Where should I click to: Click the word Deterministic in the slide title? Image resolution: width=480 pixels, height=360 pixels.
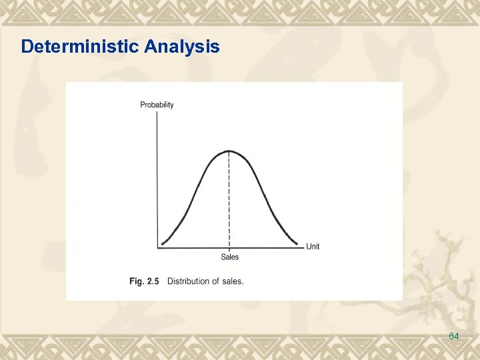click(x=80, y=47)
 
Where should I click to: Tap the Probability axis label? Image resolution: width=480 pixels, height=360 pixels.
click(x=157, y=105)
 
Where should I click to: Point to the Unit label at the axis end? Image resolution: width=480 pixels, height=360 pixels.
click(x=313, y=247)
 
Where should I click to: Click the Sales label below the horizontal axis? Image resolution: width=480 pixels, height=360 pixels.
click(x=229, y=257)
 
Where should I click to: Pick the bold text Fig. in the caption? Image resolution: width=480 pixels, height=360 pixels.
click(x=136, y=281)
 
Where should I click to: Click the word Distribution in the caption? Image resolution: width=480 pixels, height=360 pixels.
click(x=187, y=281)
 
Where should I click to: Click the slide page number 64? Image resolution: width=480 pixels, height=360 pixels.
click(x=454, y=337)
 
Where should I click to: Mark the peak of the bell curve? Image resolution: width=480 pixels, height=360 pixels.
click(x=229, y=151)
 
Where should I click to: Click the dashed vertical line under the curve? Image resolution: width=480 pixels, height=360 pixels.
click(x=229, y=200)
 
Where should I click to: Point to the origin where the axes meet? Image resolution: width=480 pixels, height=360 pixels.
click(x=158, y=248)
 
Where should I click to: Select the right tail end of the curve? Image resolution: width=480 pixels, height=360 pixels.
click(x=299, y=244)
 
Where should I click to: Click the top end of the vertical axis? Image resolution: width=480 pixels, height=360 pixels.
click(x=157, y=112)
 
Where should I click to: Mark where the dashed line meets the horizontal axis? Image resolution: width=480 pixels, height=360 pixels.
click(x=229, y=248)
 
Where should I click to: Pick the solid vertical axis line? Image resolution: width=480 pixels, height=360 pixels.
click(x=157, y=180)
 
